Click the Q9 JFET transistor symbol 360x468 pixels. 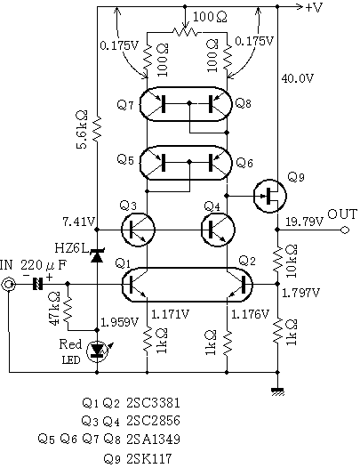point(270,196)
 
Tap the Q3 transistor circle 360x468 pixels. point(139,230)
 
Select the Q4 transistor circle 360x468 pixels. point(219,230)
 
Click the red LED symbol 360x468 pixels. point(97,351)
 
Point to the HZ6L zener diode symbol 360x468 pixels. point(97,256)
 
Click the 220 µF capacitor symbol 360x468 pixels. point(37,284)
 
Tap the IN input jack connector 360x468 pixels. point(8,285)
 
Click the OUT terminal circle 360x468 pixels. point(345,230)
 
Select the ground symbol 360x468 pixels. point(277,391)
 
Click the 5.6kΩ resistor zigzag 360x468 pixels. point(97,129)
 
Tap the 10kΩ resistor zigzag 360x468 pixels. point(277,259)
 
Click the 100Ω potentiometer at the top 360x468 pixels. point(185,31)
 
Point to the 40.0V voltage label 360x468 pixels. point(298,78)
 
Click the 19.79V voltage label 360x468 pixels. point(305,222)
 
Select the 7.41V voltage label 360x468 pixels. point(79,222)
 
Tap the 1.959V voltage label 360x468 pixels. point(120,322)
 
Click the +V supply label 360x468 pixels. point(314,7)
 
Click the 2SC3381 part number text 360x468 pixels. point(153,403)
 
